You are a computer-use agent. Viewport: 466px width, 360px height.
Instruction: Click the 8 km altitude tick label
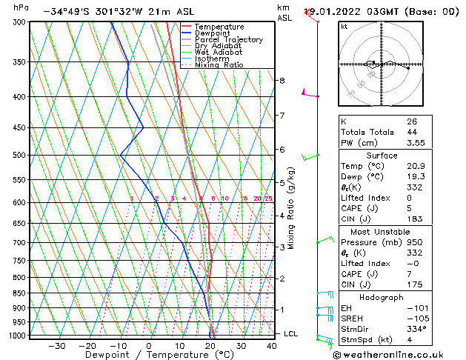coord(282,80)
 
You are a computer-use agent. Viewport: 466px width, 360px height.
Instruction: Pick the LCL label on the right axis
coord(291,334)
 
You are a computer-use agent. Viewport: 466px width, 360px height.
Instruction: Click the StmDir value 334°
coord(417,329)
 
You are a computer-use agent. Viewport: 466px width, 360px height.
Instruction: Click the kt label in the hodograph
coord(344,26)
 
